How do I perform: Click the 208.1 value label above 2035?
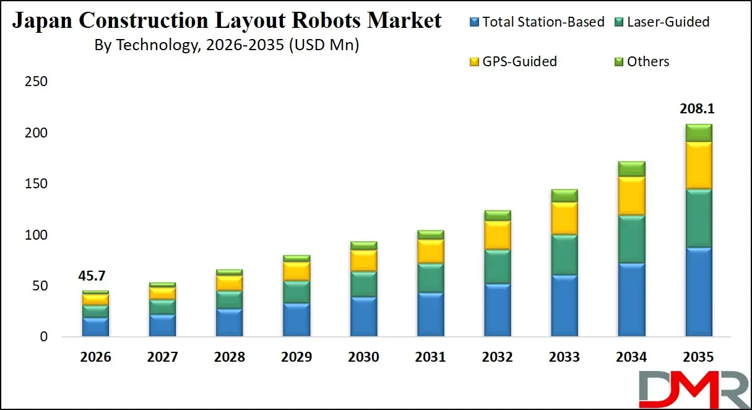click(x=698, y=110)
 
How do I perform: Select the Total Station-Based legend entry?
click(x=537, y=22)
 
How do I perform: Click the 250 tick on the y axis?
click(x=35, y=82)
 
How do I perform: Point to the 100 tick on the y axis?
click(x=35, y=235)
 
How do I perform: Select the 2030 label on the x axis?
click(x=363, y=357)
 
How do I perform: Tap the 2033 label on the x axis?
click(x=564, y=357)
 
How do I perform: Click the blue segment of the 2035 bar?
click(x=698, y=292)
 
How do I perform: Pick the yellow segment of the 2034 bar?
click(x=631, y=196)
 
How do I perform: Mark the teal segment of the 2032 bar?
click(x=497, y=266)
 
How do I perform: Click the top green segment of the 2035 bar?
click(x=698, y=133)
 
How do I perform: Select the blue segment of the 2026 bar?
click(x=95, y=327)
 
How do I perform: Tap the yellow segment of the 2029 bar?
click(x=296, y=271)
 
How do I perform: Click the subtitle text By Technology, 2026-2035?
click(x=227, y=45)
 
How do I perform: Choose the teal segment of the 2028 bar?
click(x=229, y=300)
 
